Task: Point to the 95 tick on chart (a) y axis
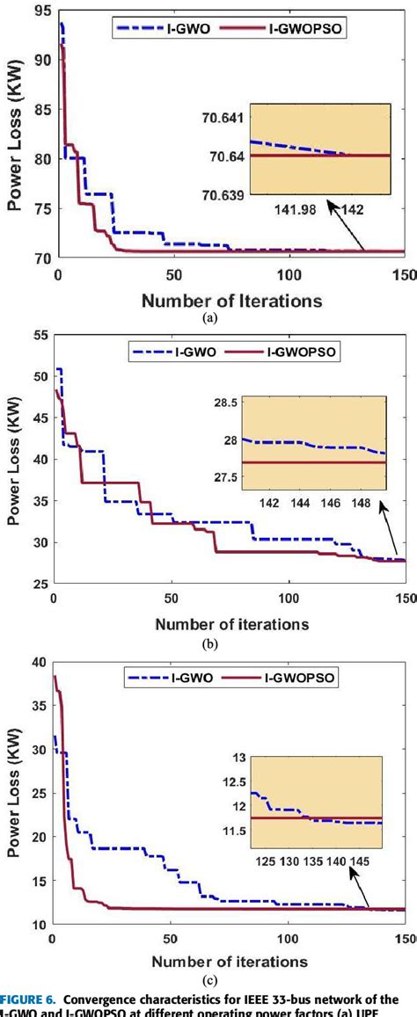pos(40,11)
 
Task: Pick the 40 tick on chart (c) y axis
pos(40,662)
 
